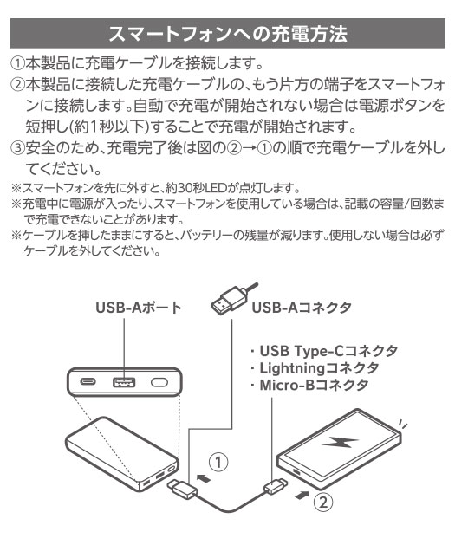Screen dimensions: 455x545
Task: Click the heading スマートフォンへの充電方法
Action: click(x=228, y=34)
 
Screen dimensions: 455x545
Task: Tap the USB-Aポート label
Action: click(x=139, y=308)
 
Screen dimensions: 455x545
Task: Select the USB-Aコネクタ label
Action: click(x=302, y=308)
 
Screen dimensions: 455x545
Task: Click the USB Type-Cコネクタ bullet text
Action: click(x=328, y=351)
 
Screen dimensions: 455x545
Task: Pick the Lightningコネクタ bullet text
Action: click(x=319, y=367)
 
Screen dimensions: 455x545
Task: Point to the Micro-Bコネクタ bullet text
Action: click(x=314, y=385)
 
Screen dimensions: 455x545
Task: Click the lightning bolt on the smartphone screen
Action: click(x=340, y=442)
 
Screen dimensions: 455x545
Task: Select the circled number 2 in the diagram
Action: click(x=323, y=502)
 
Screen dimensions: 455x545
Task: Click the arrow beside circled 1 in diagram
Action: click(x=204, y=478)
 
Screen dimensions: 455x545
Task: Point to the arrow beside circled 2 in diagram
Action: click(x=302, y=495)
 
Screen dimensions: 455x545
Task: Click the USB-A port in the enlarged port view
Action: click(x=124, y=382)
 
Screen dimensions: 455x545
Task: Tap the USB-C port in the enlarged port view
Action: click(x=88, y=381)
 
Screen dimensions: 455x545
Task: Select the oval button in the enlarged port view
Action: click(x=159, y=382)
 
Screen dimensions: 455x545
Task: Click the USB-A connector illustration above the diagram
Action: click(x=231, y=299)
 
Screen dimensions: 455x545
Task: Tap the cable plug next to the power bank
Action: click(x=183, y=489)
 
